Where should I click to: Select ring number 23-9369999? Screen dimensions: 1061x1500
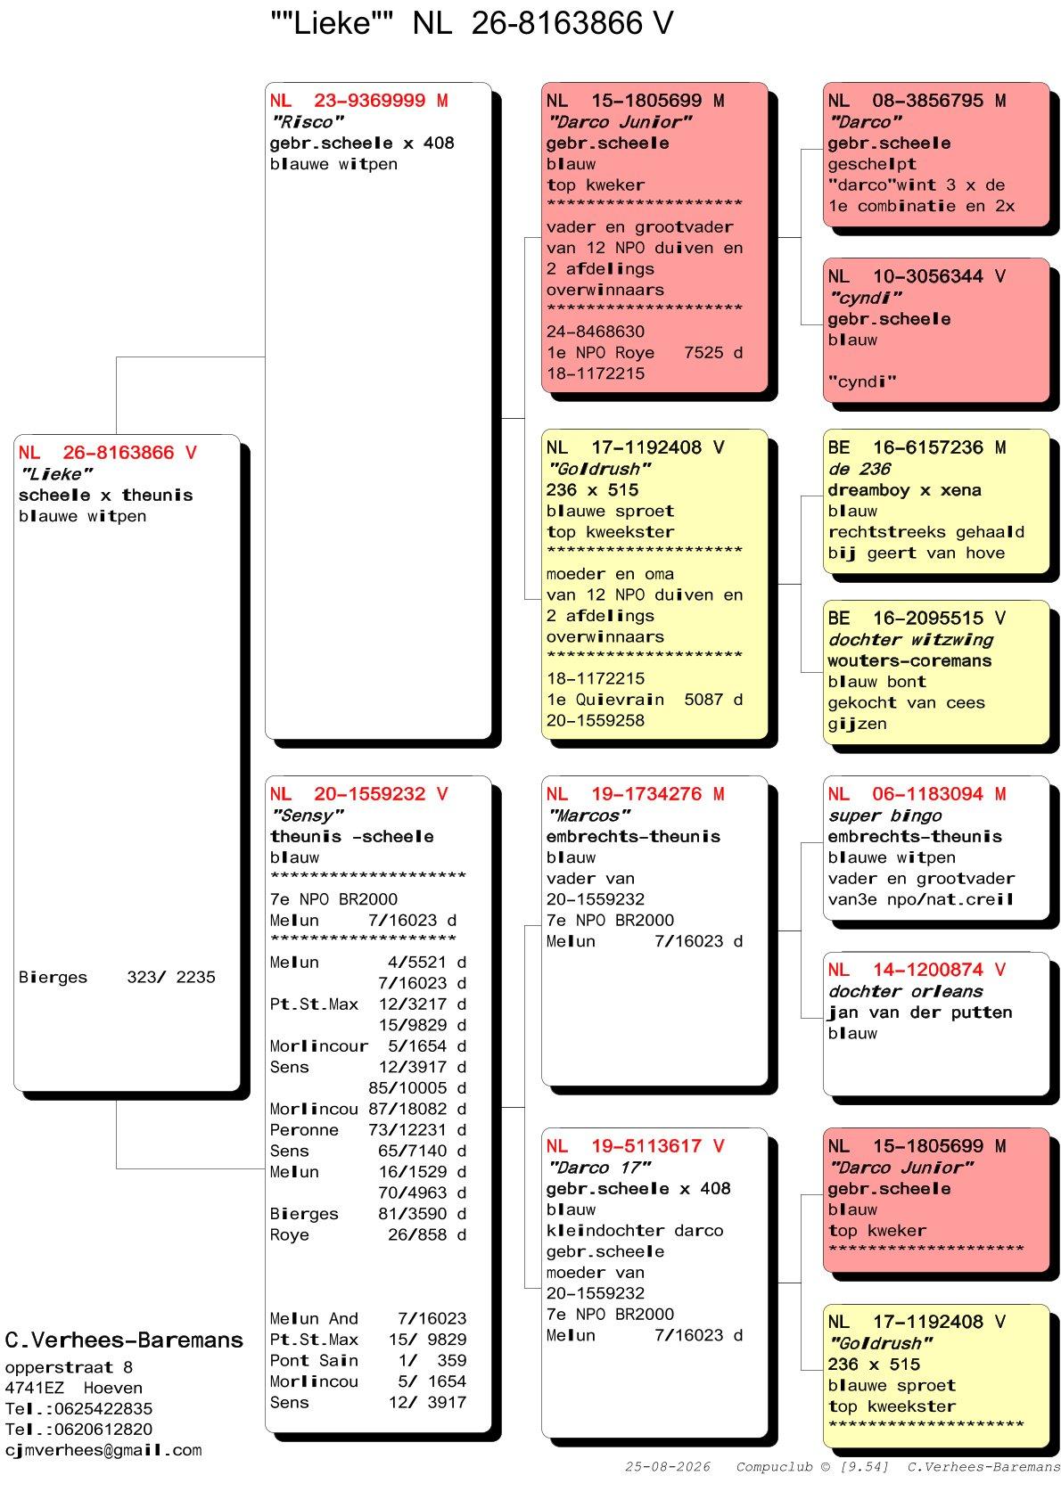tap(369, 101)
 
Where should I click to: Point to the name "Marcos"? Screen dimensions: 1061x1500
tap(588, 815)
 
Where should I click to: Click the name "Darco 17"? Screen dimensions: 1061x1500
tap(598, 1168)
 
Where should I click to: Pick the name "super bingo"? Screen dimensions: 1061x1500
tap(884, 815)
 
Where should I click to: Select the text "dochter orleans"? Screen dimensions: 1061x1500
tap(905, 991)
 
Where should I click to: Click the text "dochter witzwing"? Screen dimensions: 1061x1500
tap(910, 640)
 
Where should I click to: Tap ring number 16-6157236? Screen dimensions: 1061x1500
tap(927, 447)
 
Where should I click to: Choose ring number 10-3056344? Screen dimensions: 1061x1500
tap(927, 276)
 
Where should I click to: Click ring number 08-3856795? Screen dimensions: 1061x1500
tap(927, 101)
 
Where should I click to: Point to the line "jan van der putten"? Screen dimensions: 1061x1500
tap(919, 1012)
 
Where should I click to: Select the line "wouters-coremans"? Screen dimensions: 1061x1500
tap(909, 660)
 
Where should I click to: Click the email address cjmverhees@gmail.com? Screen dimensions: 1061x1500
tap(103, 1450)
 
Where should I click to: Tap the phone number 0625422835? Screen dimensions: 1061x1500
tap(103, 1408)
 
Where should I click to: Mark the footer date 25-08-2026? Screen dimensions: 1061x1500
tap(667, 1466)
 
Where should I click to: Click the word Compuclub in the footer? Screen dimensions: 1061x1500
tap(774, 1466)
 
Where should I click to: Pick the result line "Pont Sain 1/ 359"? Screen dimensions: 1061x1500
tap(368, 1360)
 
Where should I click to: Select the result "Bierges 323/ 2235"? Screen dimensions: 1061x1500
tap(117, 977)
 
